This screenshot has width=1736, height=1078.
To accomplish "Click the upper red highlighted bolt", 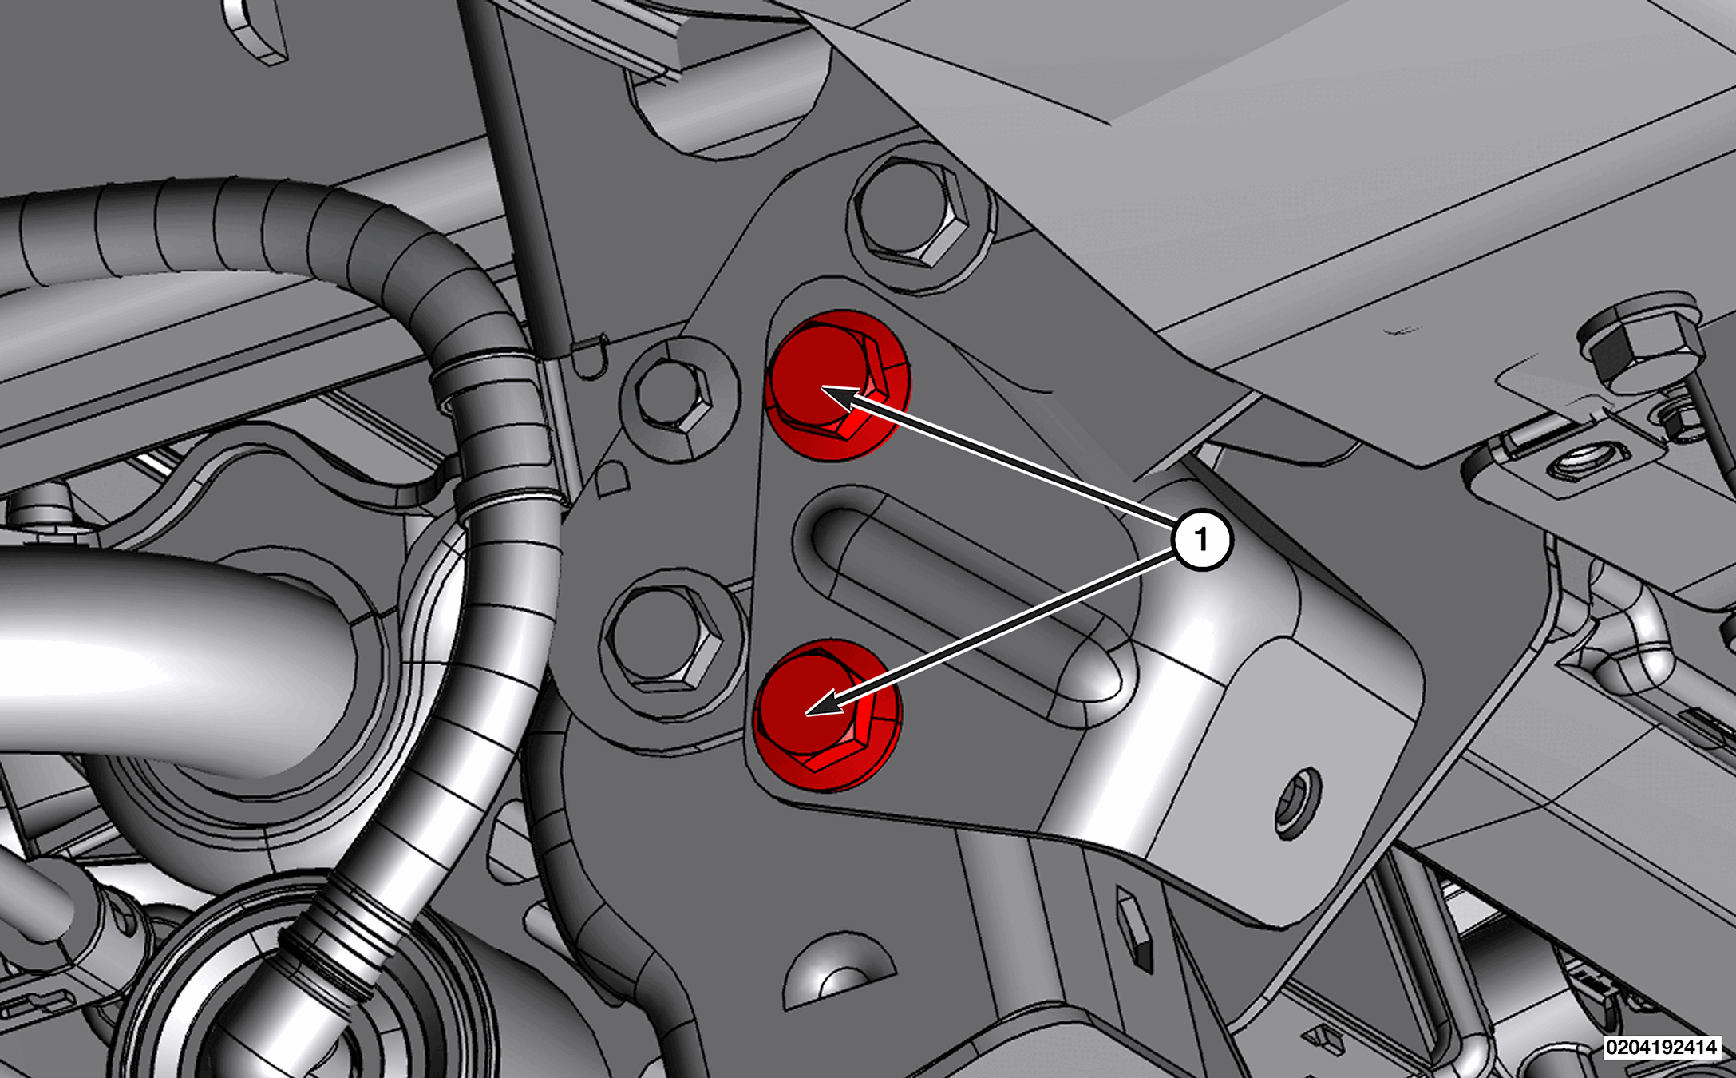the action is tap(837, 386).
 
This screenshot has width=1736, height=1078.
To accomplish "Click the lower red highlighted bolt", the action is tap(827, 715).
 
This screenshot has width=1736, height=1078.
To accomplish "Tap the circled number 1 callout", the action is tap(1202, 541).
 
